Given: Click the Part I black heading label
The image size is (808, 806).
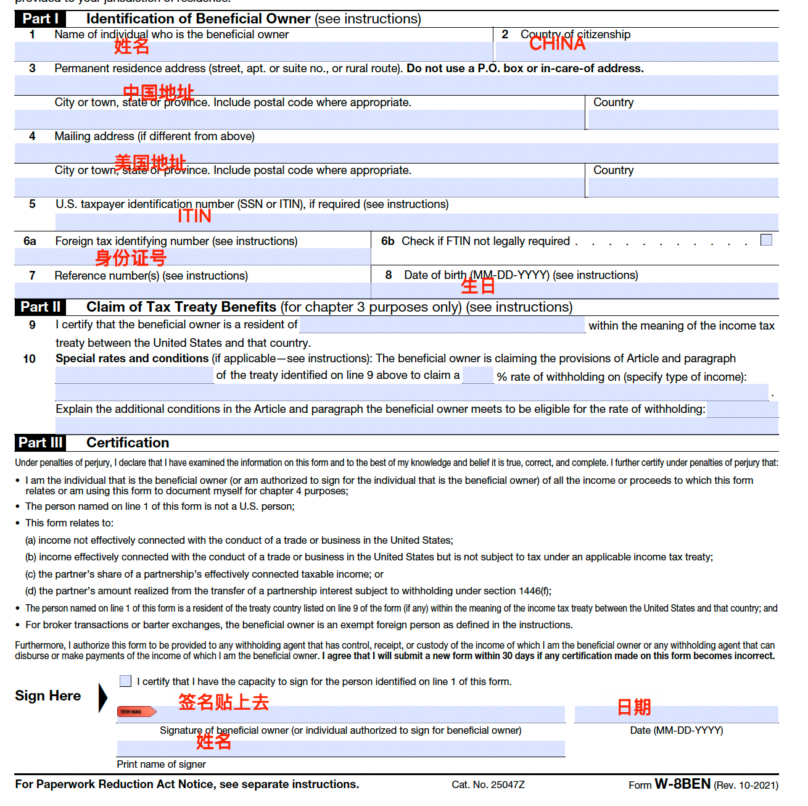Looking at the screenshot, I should [40, 19].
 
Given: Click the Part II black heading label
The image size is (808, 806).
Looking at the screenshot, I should [40, 307].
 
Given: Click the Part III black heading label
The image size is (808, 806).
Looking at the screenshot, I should [40, 442].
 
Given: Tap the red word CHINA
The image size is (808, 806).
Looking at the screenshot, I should [557, 44].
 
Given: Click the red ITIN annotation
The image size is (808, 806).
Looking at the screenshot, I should [194, 216].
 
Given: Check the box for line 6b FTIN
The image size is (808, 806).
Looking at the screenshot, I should [766, 240].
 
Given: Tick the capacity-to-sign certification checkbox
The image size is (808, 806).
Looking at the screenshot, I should [126, 681].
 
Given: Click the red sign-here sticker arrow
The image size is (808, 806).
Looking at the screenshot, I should [136, 712].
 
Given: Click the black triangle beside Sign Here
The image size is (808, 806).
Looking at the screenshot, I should [103, 697].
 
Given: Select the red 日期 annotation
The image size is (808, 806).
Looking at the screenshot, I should [634, 707].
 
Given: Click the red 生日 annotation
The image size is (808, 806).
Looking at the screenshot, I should [478, 286].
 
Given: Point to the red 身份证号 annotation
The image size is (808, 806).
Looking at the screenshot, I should [130, 258].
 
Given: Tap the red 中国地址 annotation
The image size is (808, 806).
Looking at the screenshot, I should [158, 93].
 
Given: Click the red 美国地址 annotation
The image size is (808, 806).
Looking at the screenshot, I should [150, 163].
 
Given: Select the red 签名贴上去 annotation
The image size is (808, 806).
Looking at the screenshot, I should [223, 702].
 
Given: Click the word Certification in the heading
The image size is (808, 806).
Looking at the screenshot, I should [128, 442].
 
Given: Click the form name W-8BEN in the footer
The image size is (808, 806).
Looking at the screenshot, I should [682, 784].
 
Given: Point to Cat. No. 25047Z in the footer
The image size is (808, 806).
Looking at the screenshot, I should [488, 784].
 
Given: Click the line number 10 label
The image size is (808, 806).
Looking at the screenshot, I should [29, 359].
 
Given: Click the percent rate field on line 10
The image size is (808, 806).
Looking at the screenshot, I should [477, 375].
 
